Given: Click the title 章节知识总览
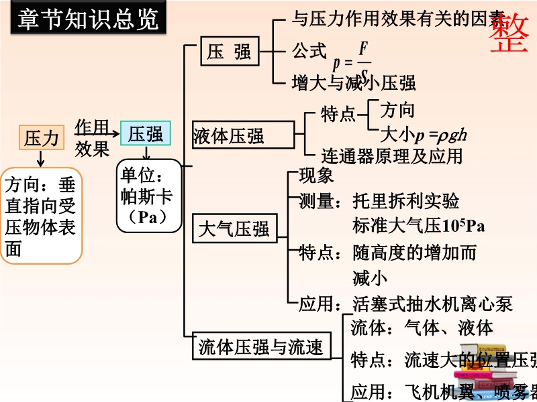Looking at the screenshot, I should (87, 19).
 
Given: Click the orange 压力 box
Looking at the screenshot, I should (41, 138).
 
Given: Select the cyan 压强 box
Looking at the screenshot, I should (146, 133).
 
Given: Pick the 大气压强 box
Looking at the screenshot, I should (234, 230).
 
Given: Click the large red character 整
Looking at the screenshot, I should (507, 32).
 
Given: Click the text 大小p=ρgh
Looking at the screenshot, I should (423, 135).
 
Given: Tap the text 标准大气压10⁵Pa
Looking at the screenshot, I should (418, 225).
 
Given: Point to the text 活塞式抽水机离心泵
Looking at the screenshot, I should (432, 304).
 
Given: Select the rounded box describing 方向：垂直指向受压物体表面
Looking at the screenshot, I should (41, 216).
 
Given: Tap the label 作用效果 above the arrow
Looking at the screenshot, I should (92, 137).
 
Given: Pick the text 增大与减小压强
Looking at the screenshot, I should (354, 82).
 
